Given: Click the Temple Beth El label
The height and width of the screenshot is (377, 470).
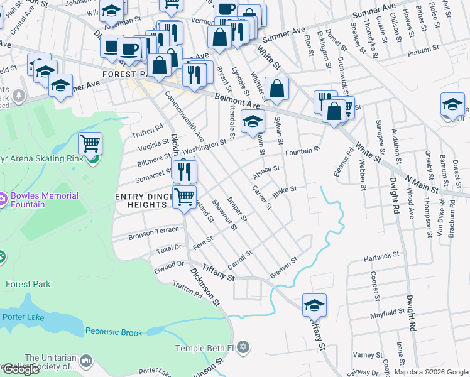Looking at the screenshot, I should coord(205,347).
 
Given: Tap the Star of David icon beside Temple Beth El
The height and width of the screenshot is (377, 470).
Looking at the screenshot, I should coord(244,347).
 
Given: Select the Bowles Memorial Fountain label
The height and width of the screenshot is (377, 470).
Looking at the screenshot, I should coord(44,199).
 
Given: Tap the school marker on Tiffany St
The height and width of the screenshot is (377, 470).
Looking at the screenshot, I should coord(314,305).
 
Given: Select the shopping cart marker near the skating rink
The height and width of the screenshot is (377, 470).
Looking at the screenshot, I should coord(90,144).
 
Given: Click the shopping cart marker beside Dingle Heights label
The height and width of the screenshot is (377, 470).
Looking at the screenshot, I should coord(184,197).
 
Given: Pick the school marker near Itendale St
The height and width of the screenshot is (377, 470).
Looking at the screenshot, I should coord(253,121).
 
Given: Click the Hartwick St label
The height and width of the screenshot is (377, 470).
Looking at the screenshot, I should coord(381,256).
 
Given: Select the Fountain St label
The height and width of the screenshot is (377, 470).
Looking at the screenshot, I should coord(303,151).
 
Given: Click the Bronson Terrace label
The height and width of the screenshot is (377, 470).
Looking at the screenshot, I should coord(153,234).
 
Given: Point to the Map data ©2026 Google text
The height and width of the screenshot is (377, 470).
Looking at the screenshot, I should coord(431,372).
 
